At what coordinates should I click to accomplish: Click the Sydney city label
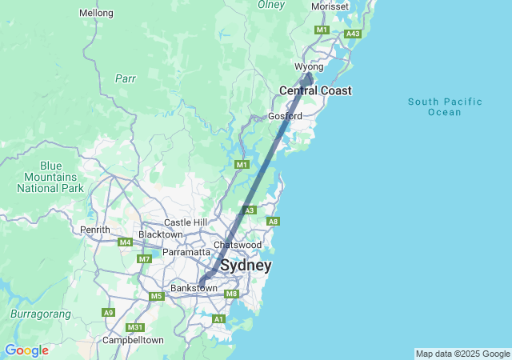point(246,266)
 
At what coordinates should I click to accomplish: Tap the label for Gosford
point(285,116)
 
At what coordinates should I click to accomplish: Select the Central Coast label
point(315,91)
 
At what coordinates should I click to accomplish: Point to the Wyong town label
point(309,66)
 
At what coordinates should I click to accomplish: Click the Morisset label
point(330,6)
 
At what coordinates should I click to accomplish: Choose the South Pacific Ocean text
point(445,106)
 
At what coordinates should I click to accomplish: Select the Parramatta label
point(186,252)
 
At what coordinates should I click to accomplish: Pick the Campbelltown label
point(133,340)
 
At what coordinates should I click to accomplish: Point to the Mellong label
point(97,14)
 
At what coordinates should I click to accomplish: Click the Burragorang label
point(41,314)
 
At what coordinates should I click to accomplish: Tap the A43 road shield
point(352,34)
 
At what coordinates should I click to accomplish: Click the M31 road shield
point(137,327)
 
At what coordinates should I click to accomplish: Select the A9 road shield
point(108,313)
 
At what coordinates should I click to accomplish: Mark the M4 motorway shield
point(125,242)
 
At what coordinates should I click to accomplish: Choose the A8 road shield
point(273,222)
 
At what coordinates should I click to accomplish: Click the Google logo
point(26,350)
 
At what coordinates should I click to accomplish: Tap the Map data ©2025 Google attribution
point(462,354)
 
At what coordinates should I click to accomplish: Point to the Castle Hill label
point(186,222)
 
